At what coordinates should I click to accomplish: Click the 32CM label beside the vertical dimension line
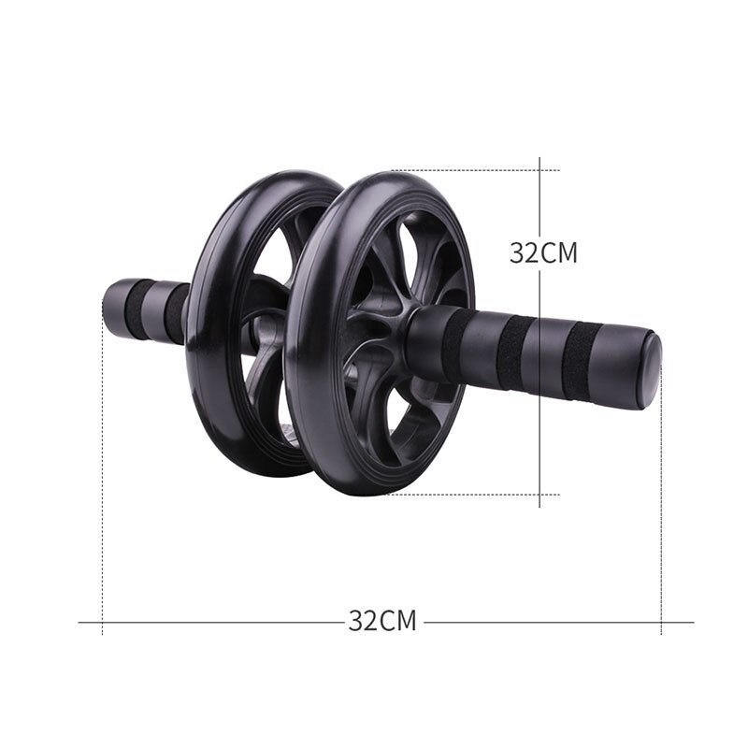543,252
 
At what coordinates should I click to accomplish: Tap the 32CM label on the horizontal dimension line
381,621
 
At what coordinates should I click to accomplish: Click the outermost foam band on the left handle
138,309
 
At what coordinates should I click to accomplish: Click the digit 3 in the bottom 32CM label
356,621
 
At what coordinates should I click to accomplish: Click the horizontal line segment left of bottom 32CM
215,622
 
